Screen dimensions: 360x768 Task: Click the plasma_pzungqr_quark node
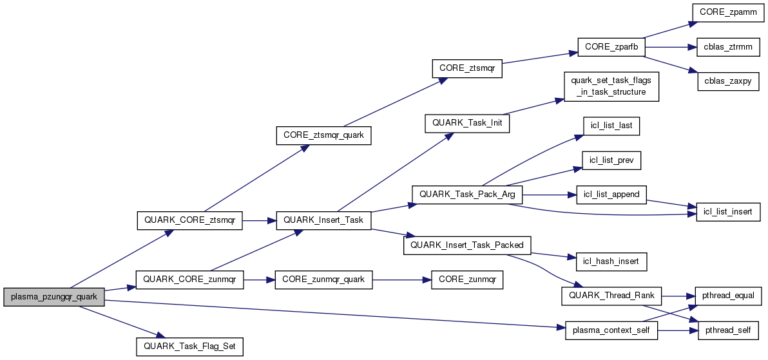[54, 297]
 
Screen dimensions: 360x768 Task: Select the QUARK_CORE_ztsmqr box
[189, 220]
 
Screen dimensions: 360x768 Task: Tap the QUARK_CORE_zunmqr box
[189, 279]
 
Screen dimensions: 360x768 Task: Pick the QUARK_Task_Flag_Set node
[189, 346]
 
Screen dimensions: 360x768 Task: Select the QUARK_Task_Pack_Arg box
[467, 194]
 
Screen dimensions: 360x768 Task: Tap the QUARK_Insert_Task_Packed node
[467, 245]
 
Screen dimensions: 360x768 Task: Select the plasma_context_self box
[611, 330]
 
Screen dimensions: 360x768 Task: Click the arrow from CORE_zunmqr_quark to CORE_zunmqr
[397, 279]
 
